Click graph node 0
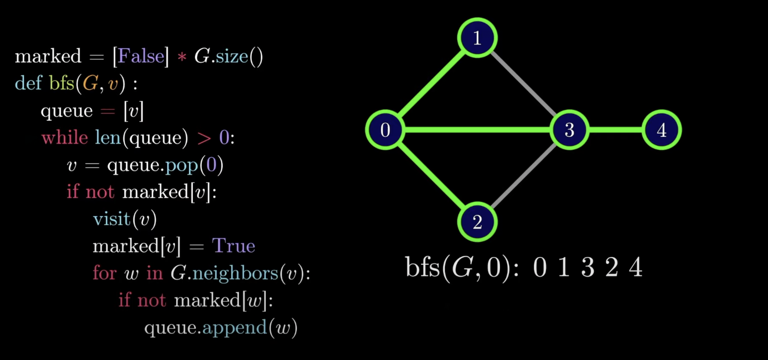[x=385, y=130]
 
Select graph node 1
[x=477, y=38]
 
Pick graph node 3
[x=569, y=130]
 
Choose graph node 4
[x=661, y=130]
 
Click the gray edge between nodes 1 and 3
[x=523, y=84]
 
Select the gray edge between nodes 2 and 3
[x=523, y=176]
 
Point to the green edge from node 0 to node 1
[x=431, y=84]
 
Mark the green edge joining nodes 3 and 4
[x=615, y=130]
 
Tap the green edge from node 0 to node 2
[x=431, y=176]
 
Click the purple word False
[x=141, y=56]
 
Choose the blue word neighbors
[x=235, y=273]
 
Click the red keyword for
[x=104, y=273]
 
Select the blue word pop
[x=182, y=165]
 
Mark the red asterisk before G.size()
[x=182, y=57]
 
